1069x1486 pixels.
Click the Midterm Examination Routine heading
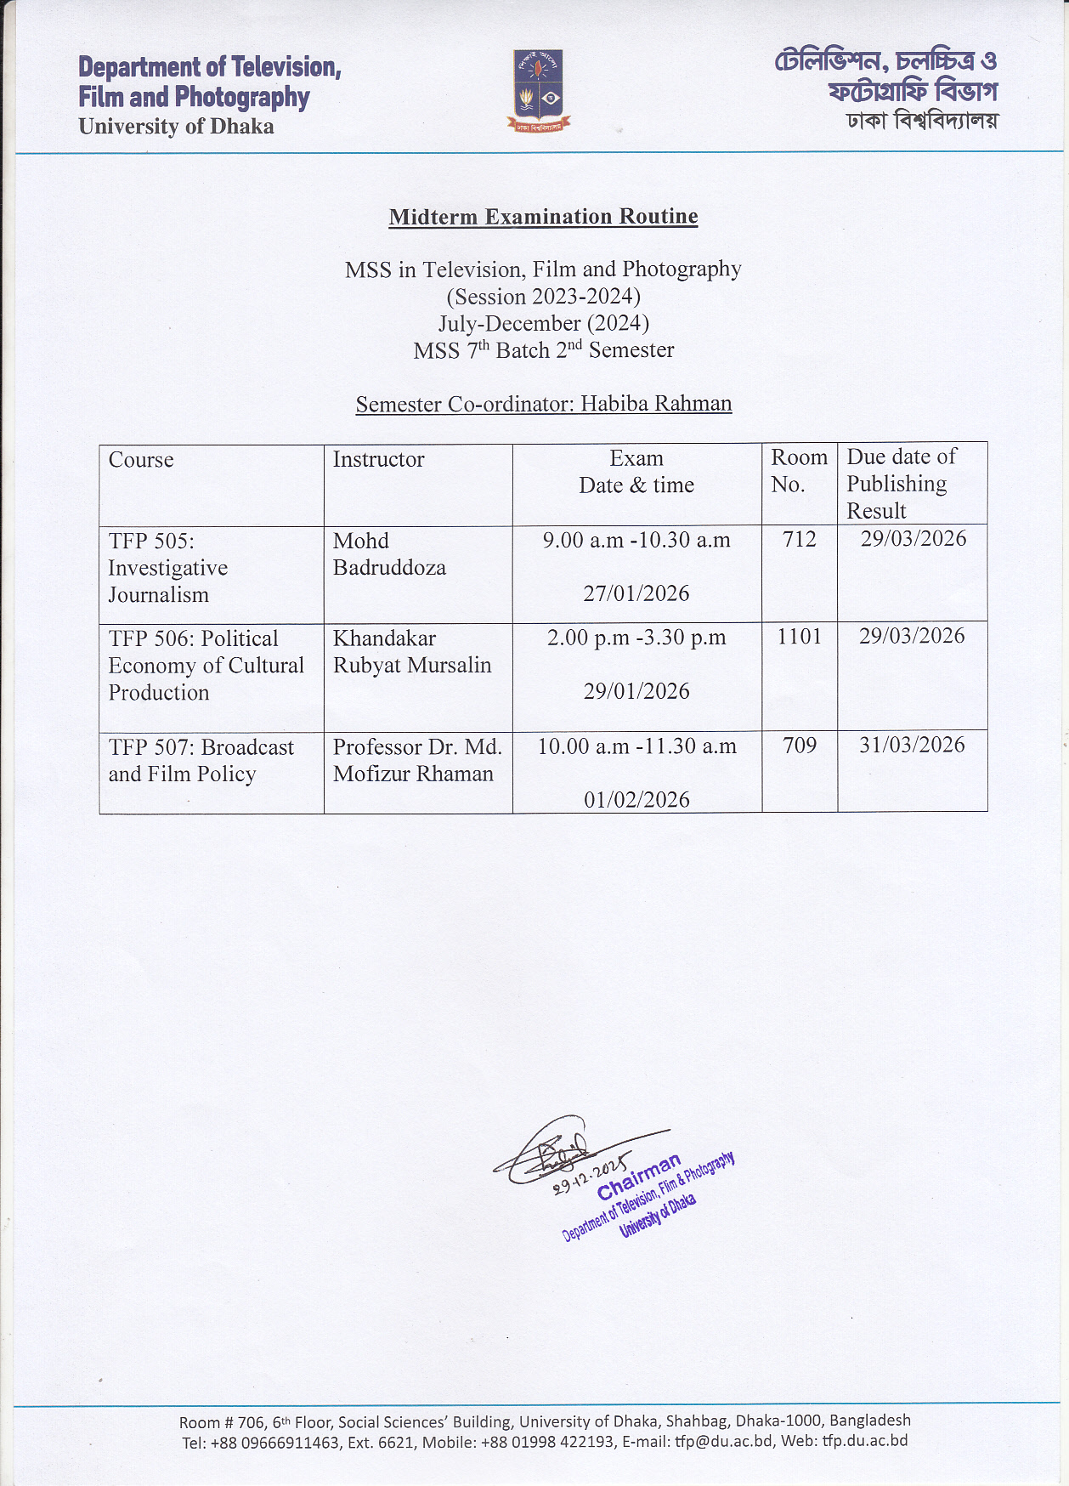(x=543, y=217)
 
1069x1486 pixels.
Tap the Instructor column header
(x=378, y=460)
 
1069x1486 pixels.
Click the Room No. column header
(x=798, y=471)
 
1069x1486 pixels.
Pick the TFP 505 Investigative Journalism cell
(x=168, y=568)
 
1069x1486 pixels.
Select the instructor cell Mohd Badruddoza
(x=389, y=554)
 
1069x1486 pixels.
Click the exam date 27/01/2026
(x=636, y=593)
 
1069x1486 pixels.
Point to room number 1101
(x=799, y=637)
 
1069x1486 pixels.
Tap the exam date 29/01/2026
(x=636, y=691)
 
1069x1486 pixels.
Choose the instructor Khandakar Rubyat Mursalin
(x=412, y=652)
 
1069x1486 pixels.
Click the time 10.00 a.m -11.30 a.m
(x=636, y=746)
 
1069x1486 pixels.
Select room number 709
(x=799, y=746)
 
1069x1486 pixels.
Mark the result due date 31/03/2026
(x=912, y=746)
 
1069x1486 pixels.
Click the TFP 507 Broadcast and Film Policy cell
(x=201, y=761)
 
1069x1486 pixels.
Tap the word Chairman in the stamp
(x=639, y=1176)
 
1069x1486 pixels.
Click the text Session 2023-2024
(x=543, y=297)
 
